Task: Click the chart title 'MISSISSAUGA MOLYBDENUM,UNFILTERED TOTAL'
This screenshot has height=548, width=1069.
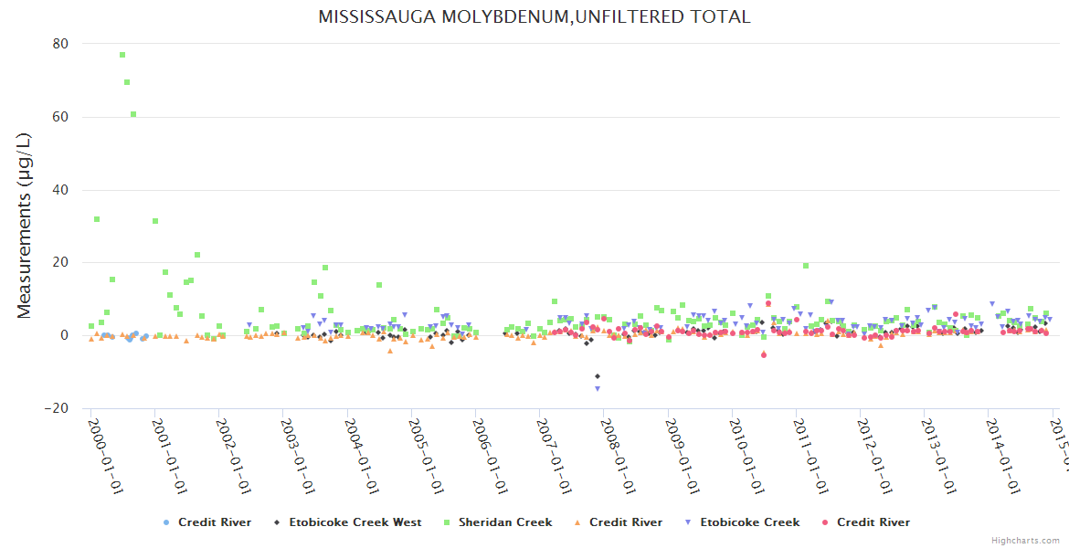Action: click(x=534, y=16)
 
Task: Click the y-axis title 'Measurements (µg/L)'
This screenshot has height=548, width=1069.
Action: click(x=25, y=226)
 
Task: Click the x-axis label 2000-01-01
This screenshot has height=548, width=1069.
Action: click(x=107, y=457)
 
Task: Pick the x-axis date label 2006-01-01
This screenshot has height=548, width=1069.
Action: click(x=491, y=457)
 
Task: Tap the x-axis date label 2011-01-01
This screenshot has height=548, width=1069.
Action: click(x=811, y=457)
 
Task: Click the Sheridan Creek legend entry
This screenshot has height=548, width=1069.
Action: click(x=504, y=522)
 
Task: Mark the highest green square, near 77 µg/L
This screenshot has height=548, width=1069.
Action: click(x=122, y=55)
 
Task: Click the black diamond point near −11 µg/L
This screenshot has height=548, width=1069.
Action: click(x=598, y=376)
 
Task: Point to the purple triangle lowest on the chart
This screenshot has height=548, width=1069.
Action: click(x=598, y=389)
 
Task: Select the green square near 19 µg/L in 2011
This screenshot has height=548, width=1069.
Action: click(x=806, y=266)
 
